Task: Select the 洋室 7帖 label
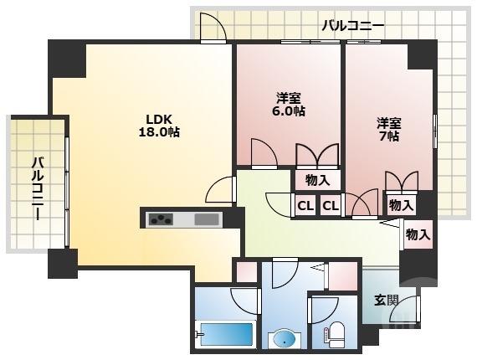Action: click(x=387, y=129)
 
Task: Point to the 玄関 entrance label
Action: click(x=386, y=300)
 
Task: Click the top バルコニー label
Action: click(x=353, y=26)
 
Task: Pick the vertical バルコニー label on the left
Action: click(x=38, y=188)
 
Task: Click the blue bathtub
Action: click(x=225, y=334)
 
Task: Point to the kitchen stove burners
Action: click(x=161, y=220)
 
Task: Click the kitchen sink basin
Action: click(x=206, y=220)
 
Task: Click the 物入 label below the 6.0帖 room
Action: click(x=317, y=179)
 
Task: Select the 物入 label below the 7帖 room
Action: click(x=401, y=204)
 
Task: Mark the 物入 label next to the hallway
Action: click(x=418, y=234)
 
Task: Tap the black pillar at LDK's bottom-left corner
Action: click(x=62, y=263)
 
